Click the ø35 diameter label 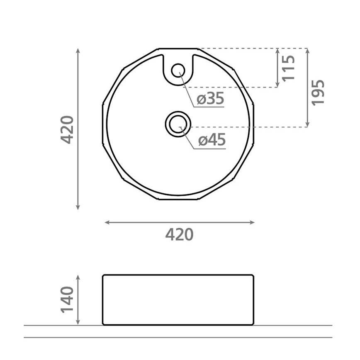[x=210, y=99]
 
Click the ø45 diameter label [x=212, y=140]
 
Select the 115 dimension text [x=288, y=68]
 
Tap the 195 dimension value [x=318, y=92]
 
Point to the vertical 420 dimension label [x=67, y=130]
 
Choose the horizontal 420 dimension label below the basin [x=180, y=235]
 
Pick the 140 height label [x=67, y=299]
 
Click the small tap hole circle [x=178, y=70]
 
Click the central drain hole [x=178, y=124]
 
